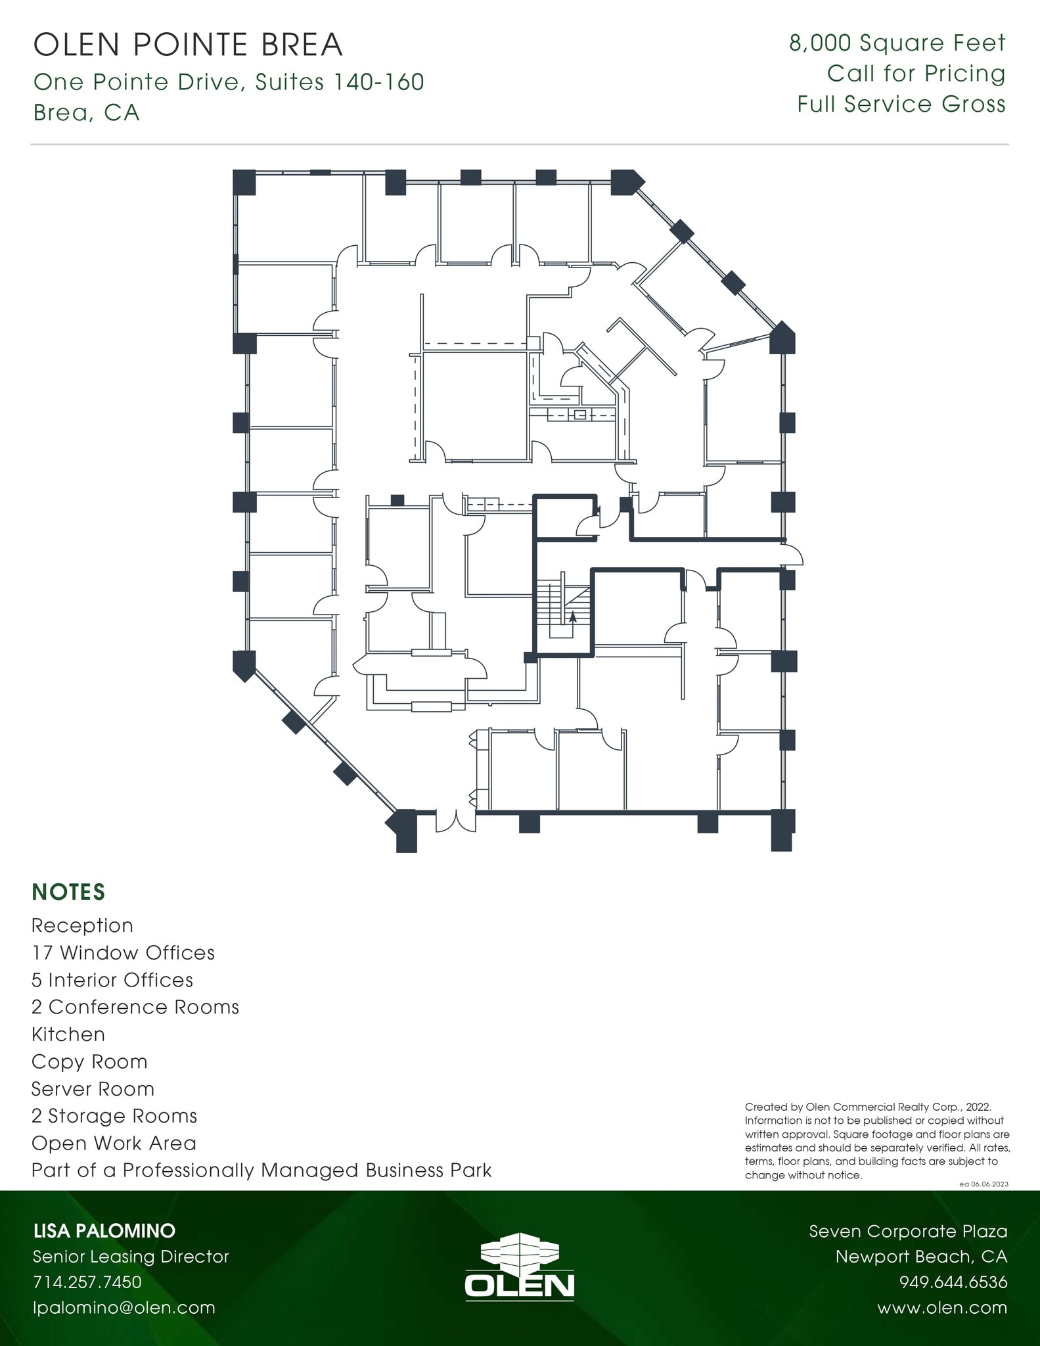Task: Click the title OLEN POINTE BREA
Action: pos(188,45)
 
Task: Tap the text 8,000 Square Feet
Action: pos(897,43)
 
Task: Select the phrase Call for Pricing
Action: pos(916,74)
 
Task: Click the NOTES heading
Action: pos(68,892)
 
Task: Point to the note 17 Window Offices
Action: pos(123,952)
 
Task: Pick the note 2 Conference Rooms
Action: pos(135,1007)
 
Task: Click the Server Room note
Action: pos(93,1088)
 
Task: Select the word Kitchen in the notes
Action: pos(68,1034)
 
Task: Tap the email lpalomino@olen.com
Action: pos(124,1307)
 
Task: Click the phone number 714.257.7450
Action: pos(87,1282)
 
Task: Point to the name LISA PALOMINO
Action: pos(104,1230)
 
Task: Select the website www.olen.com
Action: pos(941,1307)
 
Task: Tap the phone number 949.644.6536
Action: pos(953,1282)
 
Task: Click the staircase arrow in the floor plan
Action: pos(572,616)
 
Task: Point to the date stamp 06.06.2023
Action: pos(987,1184)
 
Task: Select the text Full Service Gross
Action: pos(901,104)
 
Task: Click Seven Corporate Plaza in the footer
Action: pos(908,1231)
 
